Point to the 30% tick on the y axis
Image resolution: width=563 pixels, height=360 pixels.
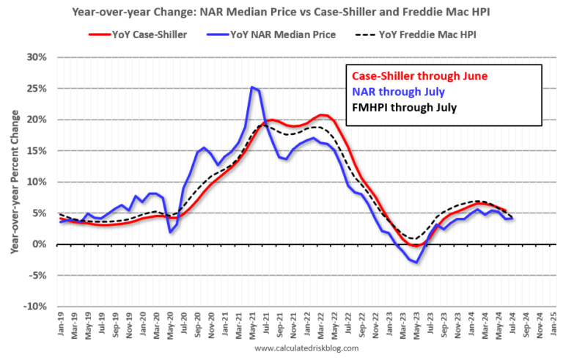37,57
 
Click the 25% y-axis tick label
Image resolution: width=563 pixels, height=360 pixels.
37,89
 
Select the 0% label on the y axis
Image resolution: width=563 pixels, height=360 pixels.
40,244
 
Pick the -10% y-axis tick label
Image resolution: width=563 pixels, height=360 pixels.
36,306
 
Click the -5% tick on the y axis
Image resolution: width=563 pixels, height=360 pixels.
37,276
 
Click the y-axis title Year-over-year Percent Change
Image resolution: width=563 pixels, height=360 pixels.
14,182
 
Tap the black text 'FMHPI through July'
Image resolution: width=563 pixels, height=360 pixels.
404,107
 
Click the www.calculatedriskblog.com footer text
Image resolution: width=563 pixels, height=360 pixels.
306,349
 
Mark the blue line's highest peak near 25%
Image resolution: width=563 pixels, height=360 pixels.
252,87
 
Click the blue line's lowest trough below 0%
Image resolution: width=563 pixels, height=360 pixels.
417,262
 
